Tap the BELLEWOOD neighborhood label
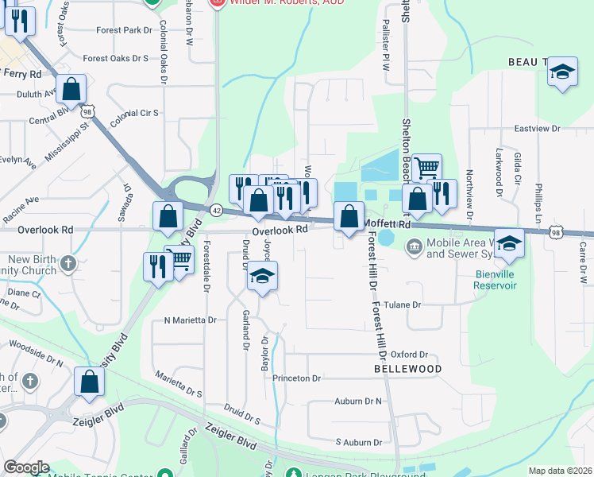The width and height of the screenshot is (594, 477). point(407,370)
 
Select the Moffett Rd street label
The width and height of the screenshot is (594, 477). point(388,225)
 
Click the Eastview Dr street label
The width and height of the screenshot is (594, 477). point(537,128)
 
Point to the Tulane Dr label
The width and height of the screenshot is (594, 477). point(403,304)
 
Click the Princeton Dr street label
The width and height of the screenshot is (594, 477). point(296,378)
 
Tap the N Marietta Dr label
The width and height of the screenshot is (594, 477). point(190,320)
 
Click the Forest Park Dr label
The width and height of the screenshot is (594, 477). point(123,30)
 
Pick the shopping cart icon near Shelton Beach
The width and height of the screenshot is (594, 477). point(426,168)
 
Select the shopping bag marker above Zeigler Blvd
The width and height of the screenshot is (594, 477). point(89,382)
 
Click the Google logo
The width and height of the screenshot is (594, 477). point(26,467)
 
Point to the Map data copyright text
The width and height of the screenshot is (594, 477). point(560,471)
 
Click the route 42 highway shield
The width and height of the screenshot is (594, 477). point(217,209)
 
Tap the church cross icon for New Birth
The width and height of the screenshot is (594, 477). point(70,262)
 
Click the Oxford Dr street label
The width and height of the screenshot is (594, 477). point(409,355)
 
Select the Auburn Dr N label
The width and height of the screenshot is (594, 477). point(358,401)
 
